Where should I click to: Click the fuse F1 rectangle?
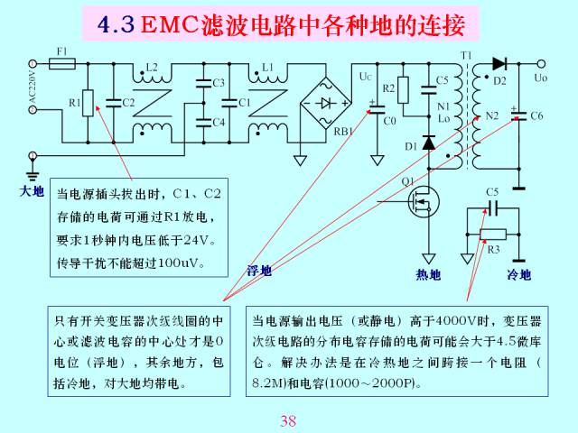62,64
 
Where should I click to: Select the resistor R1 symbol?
88,103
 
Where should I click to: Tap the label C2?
128,102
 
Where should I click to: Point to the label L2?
152,67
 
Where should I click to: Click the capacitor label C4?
219,122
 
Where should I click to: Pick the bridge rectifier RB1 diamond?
325,103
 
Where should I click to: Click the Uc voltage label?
365,76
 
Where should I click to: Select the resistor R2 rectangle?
403,90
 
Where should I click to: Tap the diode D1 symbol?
429,143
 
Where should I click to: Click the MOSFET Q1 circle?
424,201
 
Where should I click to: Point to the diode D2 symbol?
499,64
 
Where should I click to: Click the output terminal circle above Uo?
541,64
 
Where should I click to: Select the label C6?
536,116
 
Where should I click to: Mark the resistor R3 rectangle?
493,235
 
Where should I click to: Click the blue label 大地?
32,191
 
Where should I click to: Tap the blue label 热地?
428,274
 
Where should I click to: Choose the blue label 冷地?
518,274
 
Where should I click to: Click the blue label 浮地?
259,271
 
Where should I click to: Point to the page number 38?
288,420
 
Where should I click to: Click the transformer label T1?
466,55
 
